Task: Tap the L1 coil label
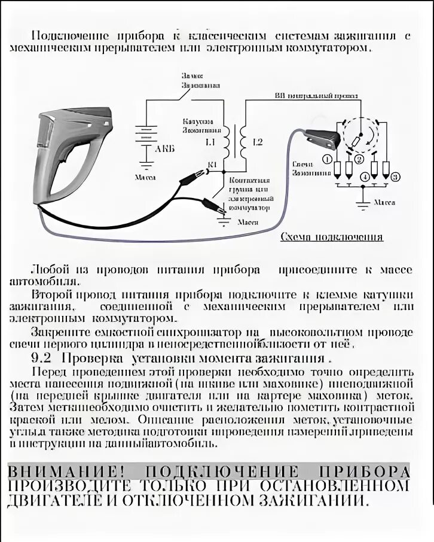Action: click(210, 142)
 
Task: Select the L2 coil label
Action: click(258, 142)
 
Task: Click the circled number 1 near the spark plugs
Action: click(327, 159)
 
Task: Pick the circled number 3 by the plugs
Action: click(395, 176)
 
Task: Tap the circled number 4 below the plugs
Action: click(365, 177)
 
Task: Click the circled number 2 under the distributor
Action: click(359, 159)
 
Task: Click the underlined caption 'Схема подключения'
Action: click(332, 237)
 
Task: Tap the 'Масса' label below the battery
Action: click(145, 178)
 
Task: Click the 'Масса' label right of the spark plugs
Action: click(384, 203)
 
